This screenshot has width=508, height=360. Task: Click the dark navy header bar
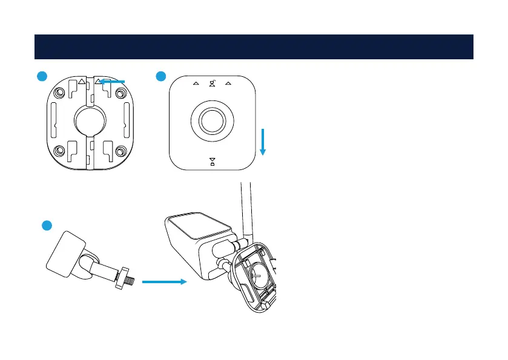coord(254,47)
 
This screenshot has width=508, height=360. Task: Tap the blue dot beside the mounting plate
coord(41,76)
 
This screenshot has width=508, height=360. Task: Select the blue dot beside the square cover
coord(160,76)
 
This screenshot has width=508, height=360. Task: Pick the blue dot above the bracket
coord(47,225)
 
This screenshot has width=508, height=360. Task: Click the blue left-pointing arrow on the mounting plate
coord(113,81)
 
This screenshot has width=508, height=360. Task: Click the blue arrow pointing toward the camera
coord(163,281)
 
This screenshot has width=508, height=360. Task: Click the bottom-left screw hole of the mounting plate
coord(59,151)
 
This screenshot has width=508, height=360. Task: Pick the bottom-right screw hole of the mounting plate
coord(120,151)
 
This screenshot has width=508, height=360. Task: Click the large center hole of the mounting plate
coord(90,122)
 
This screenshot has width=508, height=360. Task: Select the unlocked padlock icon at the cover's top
coord(212,83)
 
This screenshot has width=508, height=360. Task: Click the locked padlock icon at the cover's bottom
coord(212,161)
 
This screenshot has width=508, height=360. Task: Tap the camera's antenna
coord(245,206)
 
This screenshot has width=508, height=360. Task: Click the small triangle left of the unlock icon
coord(196,84)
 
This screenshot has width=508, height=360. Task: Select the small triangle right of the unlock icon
coord(228,84)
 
